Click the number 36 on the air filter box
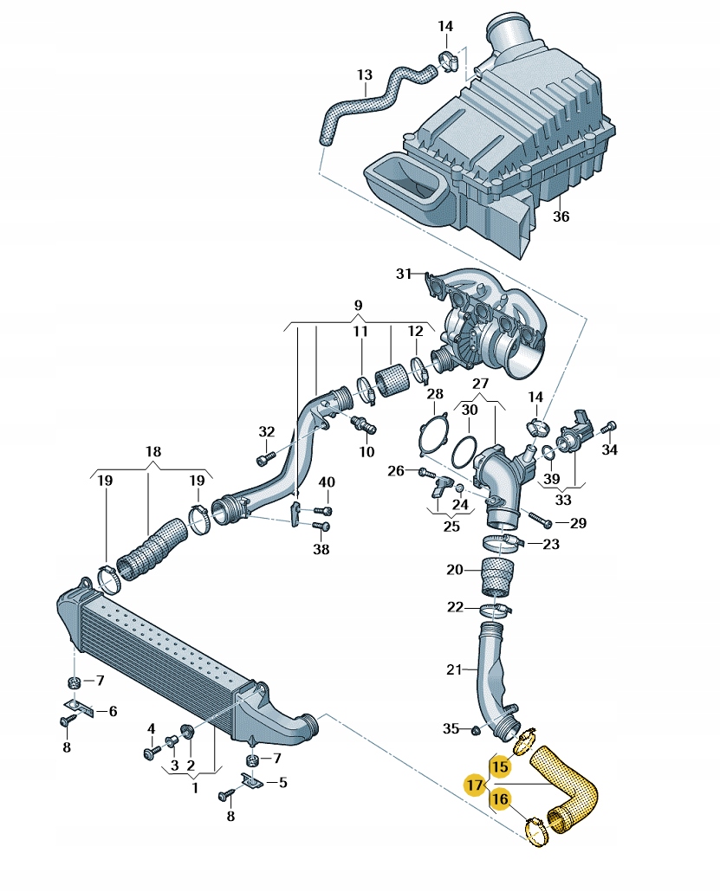pos(561,217)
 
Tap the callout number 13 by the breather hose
pos(364,75)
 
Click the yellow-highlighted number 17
pos(474,785)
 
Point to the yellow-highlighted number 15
pos(500,766)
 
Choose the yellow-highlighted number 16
pos(500,800)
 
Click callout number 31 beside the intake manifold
pos(403,274)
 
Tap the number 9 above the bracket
pos(358,305)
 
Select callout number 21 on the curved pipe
pos(454,669)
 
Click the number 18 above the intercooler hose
pos(153,451)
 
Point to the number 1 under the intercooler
pos(194,788)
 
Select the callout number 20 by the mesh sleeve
pos(455,570)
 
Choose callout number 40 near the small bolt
pos(327,482)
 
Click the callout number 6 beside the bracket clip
pos(113,711)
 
